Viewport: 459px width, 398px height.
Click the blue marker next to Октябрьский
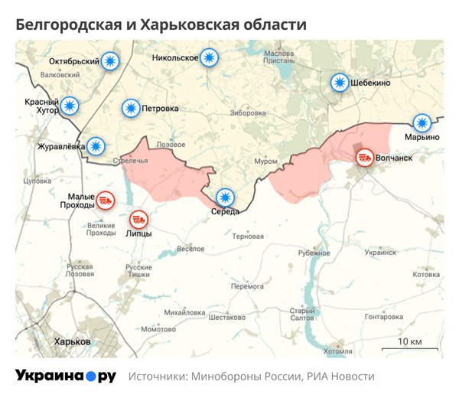pyautogui.click(x=111, y=61)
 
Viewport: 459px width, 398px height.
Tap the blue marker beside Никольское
pyautogui.click(x=208, y=57)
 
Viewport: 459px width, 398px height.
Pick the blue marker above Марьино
pyautogui.click(x=422, y=122)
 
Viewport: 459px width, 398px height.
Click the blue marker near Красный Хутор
pyautogui.click(x=70, y=106)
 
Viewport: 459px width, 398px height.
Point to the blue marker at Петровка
pyautogui.click(x=131, y=109)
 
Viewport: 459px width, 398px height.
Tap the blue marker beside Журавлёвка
pyautogui.click(x=96, y=145)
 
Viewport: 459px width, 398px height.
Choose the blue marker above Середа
pyautogui.click(x=225, y=197)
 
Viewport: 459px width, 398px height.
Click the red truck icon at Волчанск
pyautogui.click(x=365, y=158)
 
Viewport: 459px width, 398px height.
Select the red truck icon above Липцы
pyautogui.click(x=138, y=220)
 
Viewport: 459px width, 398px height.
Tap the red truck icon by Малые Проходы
pyautogui.click(x=106, y=201)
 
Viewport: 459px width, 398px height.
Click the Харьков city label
pyautogui.click(x=67, y=341)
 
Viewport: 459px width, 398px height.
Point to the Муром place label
pyautogui.click(x=265, y=162)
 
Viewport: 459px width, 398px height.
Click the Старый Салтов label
pyautogui.click(x=302, y=315)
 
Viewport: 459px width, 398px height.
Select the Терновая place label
pyautogui.click(x=247, y=237)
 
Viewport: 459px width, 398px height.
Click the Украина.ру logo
pyautogui.click(x=66, y=376)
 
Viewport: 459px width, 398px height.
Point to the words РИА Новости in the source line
pyautogui.click(x=341, y=377)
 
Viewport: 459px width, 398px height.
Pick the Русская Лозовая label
pyautogui.click(x=79, y=270)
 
